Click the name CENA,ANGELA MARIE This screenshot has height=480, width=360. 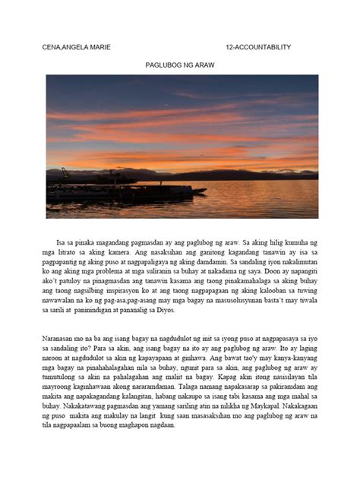[x=76, y=47]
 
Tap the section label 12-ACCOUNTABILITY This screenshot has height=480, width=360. [x=258, y=47]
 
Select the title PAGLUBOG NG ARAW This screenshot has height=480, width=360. [x=180, y=66]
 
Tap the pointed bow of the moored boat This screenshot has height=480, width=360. [x=204, y=191]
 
